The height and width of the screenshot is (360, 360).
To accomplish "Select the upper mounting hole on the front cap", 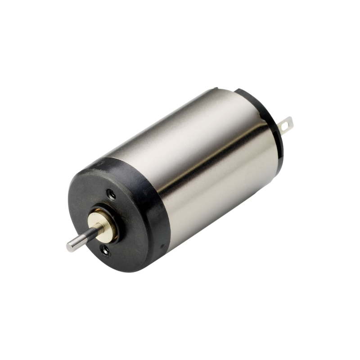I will tap(112, 194).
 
